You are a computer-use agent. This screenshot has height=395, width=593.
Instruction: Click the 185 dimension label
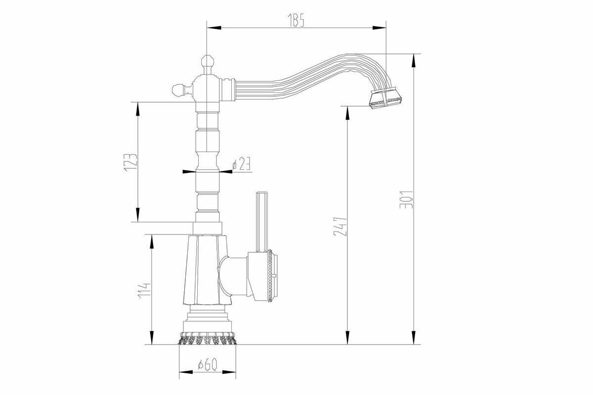pyautogui.click(x=296, y=20)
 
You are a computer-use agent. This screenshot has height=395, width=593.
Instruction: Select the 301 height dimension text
pyautogui.click(x=406, y=200)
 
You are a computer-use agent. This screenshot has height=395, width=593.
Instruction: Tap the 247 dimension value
pyautogui.click(x=340, y=226)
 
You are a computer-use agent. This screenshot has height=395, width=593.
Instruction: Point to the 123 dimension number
pyautogui.click(x=130, y=163)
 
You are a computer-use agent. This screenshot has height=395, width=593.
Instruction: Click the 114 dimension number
pyautogui.click(x=144, y=291)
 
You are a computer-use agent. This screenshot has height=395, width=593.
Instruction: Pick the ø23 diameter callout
pyautogui.click(x=241, y=163)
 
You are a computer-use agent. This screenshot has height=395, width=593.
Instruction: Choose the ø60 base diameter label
pyautogui.click(x=208, y=364)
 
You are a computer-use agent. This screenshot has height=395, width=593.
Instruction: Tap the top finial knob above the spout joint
pyautogui.click(x=207, y=64)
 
